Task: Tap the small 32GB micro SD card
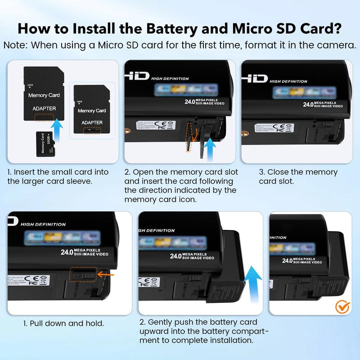45,144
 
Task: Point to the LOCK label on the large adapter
30,85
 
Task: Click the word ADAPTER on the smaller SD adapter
92,122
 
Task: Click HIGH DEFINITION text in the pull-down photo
43,224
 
